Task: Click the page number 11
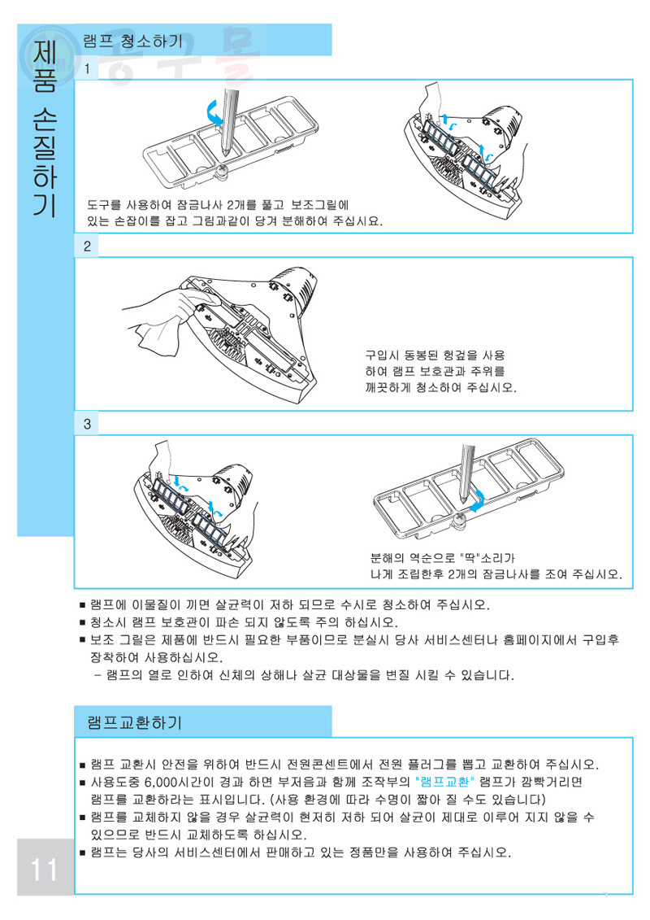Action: pyautogui.click(x=44, y=869)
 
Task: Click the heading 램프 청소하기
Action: pyautogui.click(x=133, y=41)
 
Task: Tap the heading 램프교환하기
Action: pyautogui.click(x=135, y=722)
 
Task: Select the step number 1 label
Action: pyautogui.click(x=87, y=68)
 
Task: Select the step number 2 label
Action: pyautogui.click(x=87, y=246)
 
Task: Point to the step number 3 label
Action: pyautogui.click(x=87, y=424)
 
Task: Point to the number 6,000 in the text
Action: pyautogui.click(x=165, y=782)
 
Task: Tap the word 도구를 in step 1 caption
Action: pyautogui.click(x=104, y=205)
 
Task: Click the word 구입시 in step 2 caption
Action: pyautogui.click(x=382, y=355)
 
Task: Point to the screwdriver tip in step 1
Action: pyautogui.click(x=226, y=152)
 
